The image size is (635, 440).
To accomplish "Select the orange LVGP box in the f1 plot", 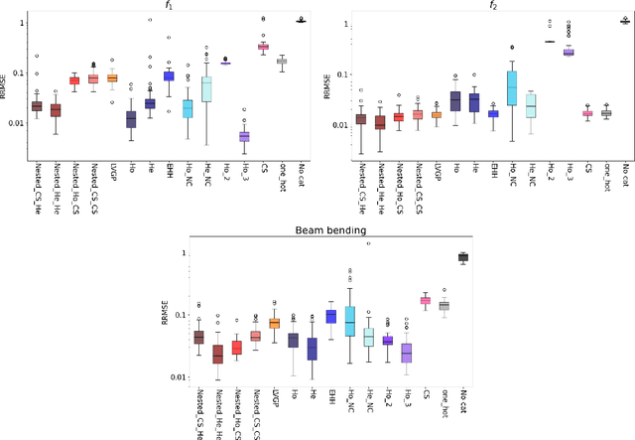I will click(112, 77).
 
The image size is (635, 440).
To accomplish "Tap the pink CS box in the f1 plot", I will click(263, 46).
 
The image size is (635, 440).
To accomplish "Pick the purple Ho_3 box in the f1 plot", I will click(244, 136).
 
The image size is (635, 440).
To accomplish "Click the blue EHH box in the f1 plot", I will click(169, 75).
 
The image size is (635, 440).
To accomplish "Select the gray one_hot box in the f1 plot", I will click(282, 61).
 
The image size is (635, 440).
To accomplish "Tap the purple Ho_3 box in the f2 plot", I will click(569, 52).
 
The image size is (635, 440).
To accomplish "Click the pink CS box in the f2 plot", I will click(587, 113).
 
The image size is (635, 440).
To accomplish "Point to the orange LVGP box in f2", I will click(437, 114).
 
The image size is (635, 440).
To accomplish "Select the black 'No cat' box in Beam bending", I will click(463, 257).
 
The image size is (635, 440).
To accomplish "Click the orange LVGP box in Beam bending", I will click(274, 323).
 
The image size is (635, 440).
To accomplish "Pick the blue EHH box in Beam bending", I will click(330, 316).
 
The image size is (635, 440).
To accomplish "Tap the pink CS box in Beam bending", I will click(426, 300).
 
